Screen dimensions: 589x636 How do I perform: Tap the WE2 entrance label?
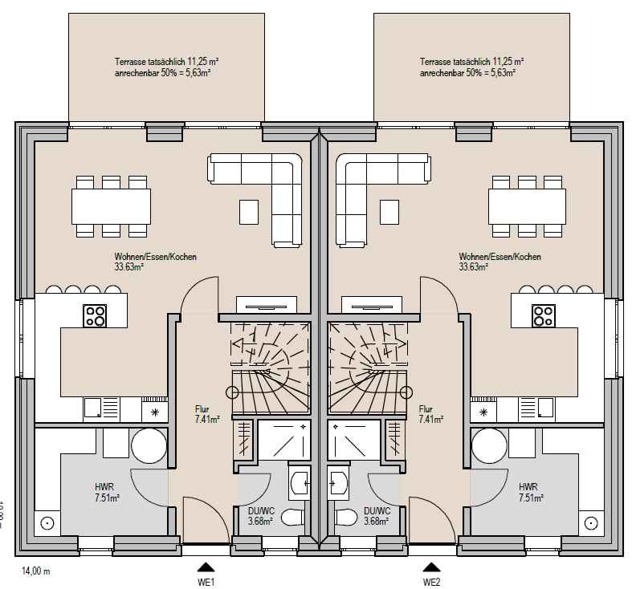coord(432,581)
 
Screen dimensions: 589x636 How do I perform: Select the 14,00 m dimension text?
coord(36,571)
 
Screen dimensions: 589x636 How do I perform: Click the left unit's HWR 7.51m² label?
coord(106,492)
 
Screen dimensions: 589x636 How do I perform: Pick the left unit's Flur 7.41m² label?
coord(207,413)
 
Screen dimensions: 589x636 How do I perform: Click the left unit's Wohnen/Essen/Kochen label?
coord(155,262)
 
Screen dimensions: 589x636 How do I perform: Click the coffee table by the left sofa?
coord(250,212)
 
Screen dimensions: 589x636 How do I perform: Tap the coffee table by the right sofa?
coord(389,212)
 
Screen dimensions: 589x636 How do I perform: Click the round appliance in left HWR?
coord(149,444)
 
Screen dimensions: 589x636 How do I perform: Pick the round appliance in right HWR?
coord(489,444)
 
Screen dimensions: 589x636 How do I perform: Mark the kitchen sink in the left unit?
coord(94,408)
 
